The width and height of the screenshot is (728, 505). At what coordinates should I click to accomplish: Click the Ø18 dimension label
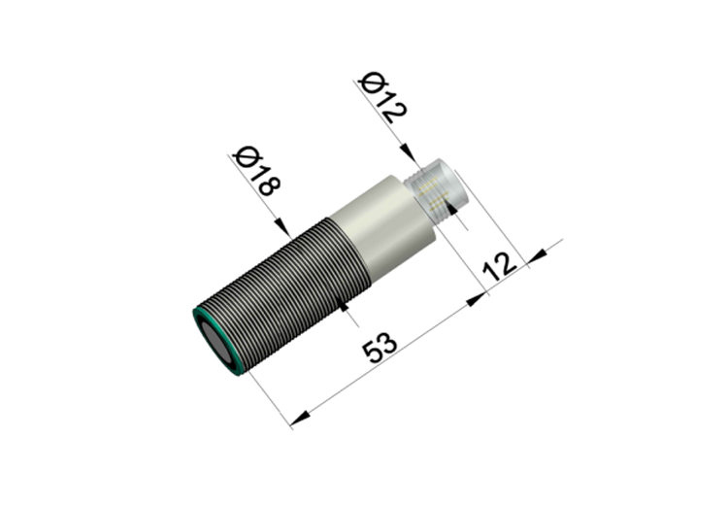[257, 171]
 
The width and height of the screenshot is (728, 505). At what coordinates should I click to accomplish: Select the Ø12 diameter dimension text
[383, 97]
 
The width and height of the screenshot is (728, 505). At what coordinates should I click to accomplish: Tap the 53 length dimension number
[380, 347]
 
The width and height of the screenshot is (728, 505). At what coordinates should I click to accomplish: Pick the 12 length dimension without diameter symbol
[500, 266]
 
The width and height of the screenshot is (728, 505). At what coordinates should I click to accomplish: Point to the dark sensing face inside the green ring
[215, 344]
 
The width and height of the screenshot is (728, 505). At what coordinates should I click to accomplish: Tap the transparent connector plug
[437, 190]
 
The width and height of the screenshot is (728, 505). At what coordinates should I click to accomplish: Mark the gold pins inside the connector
[432, 193]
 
